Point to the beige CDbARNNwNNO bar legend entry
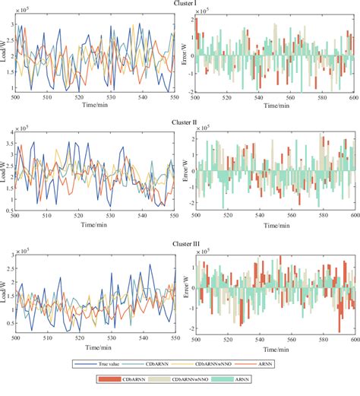point(196,378)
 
